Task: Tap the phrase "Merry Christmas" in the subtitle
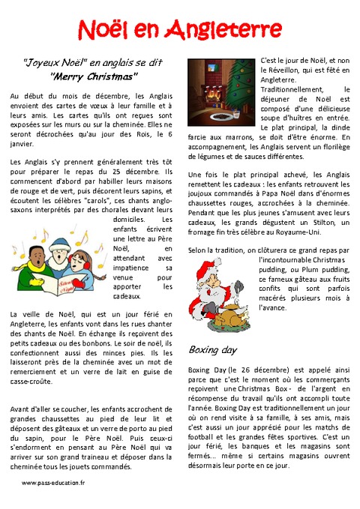94,76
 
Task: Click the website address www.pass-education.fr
53,484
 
